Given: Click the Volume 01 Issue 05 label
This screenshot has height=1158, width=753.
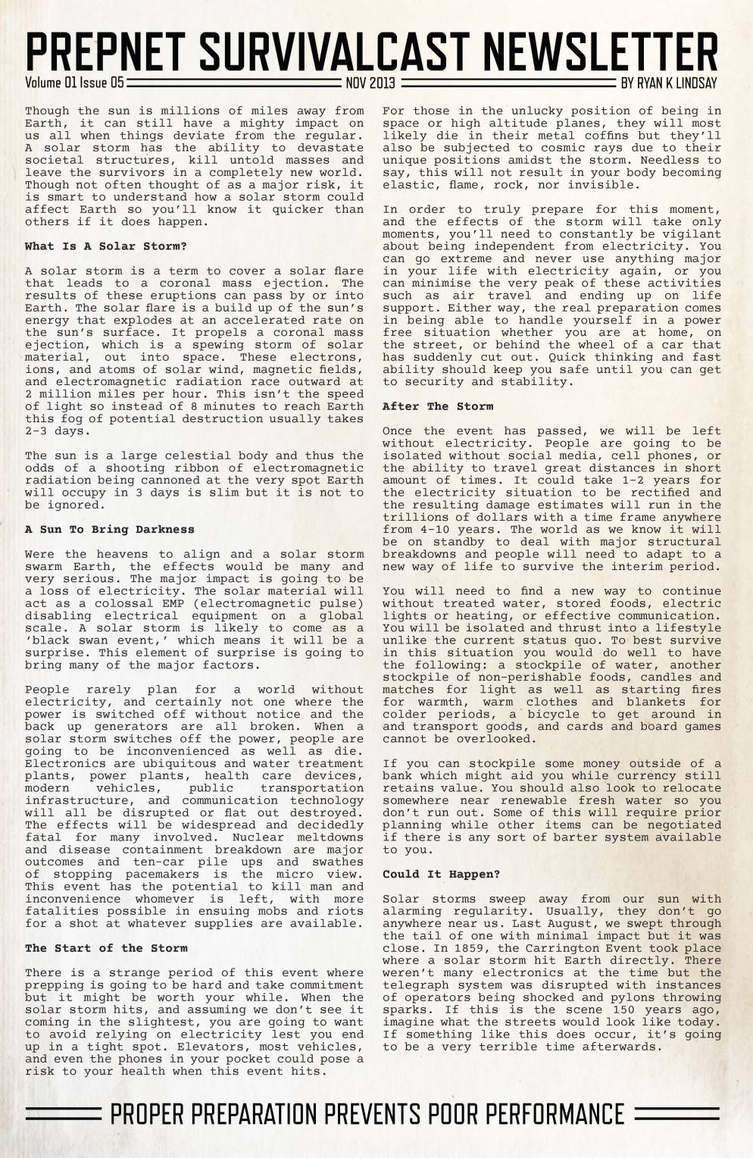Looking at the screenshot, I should [74, 83].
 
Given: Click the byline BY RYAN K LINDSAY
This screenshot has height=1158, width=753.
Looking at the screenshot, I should [668, 83].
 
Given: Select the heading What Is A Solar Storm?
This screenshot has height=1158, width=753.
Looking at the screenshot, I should [105, 246].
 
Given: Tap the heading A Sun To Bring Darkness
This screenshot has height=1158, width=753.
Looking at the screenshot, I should [109, 530].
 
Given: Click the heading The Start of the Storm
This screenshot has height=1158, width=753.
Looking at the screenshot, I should [105, 948].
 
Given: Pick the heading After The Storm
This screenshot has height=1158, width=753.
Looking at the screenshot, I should [437, 406].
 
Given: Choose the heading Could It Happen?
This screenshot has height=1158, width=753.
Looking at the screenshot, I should [441, 875].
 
